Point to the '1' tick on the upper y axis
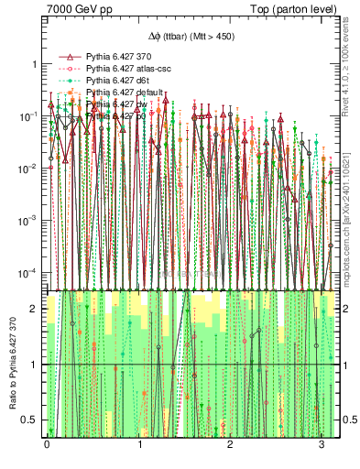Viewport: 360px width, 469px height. [x=35, y=64]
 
